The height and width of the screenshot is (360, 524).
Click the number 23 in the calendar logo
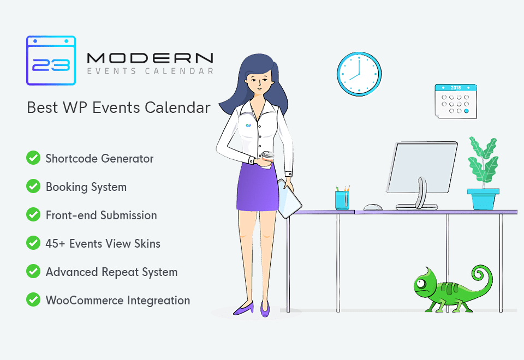[51, 65]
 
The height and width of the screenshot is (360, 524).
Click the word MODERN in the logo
[150, 58]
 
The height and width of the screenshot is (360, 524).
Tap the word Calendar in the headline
[177, 107]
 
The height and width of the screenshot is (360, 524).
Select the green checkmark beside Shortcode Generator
[33, 158]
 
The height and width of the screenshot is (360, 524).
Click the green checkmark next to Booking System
[33, 187]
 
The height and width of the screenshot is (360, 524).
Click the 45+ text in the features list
[55, 244]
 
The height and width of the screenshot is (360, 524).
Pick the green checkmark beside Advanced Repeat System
[33, 272]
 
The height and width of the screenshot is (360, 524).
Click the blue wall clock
[359, 74]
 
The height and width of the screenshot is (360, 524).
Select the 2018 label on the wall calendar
[456, 88]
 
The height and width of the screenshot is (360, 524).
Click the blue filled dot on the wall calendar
[467, 111]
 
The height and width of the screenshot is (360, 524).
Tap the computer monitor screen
[422, 167]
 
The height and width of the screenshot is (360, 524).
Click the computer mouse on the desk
[373, 207]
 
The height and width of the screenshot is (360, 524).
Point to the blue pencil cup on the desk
[342, 200]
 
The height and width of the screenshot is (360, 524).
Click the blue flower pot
[483, 199]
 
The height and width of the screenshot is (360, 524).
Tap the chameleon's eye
[420, 284]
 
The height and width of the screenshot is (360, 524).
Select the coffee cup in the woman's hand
[267, 159]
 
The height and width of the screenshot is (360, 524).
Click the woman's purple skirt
[257, 187]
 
